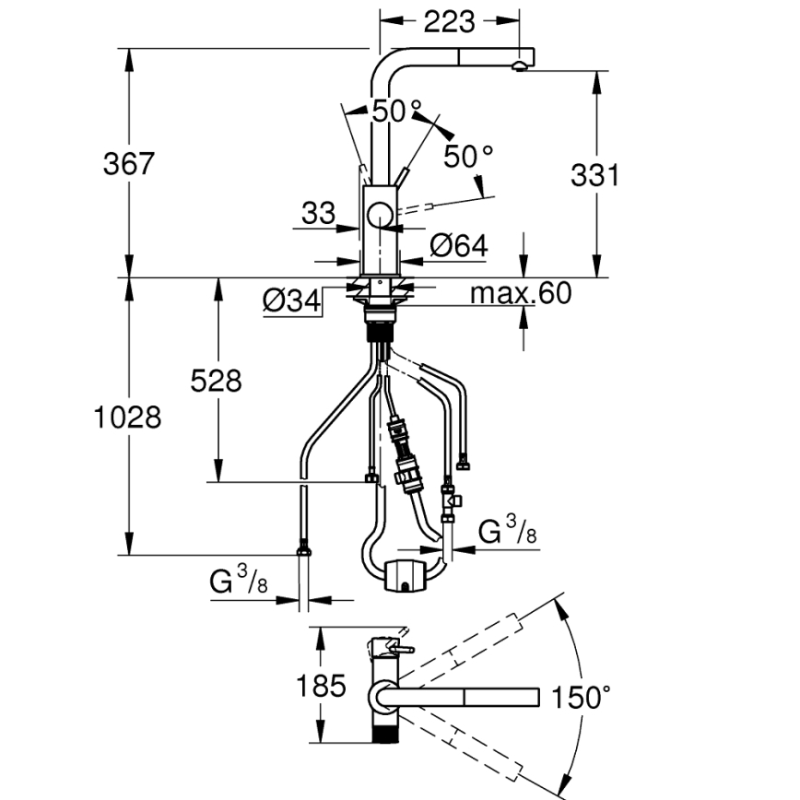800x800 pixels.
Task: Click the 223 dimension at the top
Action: coord(450,19)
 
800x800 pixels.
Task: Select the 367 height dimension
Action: coord(128,164)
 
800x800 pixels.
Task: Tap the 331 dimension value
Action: coord(594,174)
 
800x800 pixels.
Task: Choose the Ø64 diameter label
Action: coord(459,245)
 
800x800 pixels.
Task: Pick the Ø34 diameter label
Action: coord(290,300)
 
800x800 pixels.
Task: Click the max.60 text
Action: coord(521,294)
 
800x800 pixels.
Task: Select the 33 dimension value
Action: coord(318,214)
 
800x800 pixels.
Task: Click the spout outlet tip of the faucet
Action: coord(522,65)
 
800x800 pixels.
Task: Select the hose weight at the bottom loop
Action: coord(405,573)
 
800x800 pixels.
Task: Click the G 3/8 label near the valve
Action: coord(505,532)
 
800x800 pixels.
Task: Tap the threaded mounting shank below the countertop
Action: coord(380,319)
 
